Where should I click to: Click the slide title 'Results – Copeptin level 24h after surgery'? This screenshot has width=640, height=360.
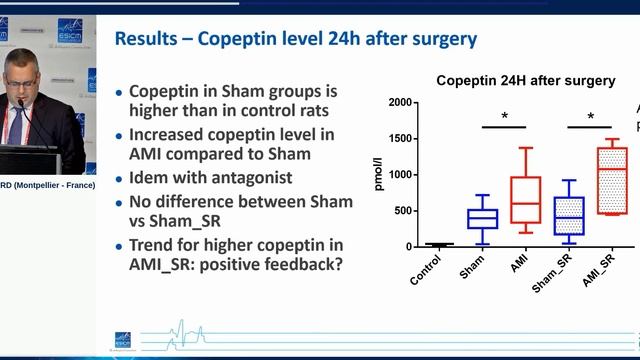(x=295, y=40)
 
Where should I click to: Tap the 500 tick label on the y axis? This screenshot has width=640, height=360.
(x=403, y=211)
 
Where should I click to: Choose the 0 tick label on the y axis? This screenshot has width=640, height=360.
(x=409, y=247)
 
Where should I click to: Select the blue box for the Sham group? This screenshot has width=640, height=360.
(x=483, y=219)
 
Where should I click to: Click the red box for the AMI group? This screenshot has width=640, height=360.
(x=525, y=200)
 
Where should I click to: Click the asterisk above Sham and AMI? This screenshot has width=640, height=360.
(x=505, y=117)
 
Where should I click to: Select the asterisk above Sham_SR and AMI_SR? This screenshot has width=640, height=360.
(x=590, y=117)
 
